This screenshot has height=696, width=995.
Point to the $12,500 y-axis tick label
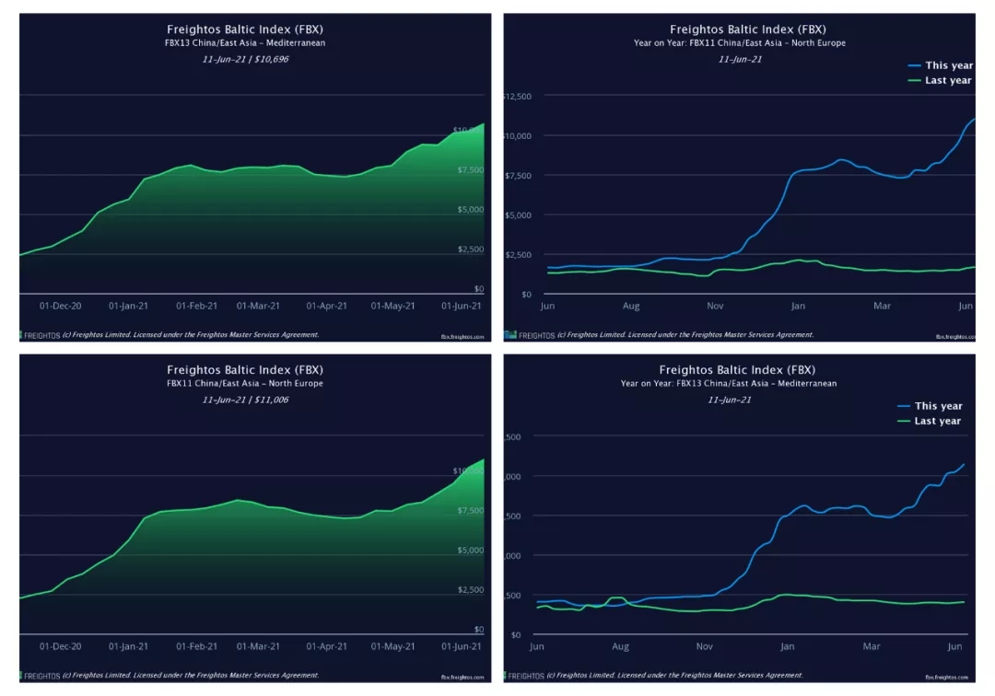click(519, 96)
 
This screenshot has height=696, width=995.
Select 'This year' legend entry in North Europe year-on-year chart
click(948, 65)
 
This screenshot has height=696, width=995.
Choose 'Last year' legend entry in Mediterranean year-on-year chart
click(937, 421)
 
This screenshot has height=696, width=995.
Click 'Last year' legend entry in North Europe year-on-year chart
click(948, 80)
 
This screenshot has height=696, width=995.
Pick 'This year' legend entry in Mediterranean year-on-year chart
click(938, 406)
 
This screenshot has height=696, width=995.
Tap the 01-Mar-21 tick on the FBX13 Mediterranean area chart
click(258, 306)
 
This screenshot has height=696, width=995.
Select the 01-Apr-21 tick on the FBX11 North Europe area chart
click(326, 646)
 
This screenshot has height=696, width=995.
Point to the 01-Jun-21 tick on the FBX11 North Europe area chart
click(461, 646)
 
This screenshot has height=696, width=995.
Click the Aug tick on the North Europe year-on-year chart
click(631, 306)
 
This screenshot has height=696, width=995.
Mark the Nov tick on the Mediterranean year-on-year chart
click(705, 646)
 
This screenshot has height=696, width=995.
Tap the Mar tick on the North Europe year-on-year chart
click(883, 306)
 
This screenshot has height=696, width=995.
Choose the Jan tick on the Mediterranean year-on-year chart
click(788, 646)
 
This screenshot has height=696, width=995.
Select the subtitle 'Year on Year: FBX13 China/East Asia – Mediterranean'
click(729, 383)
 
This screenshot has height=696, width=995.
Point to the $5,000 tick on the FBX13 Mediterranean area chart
click(471, 210)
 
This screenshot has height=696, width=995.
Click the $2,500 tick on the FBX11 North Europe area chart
click(471, 590)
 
